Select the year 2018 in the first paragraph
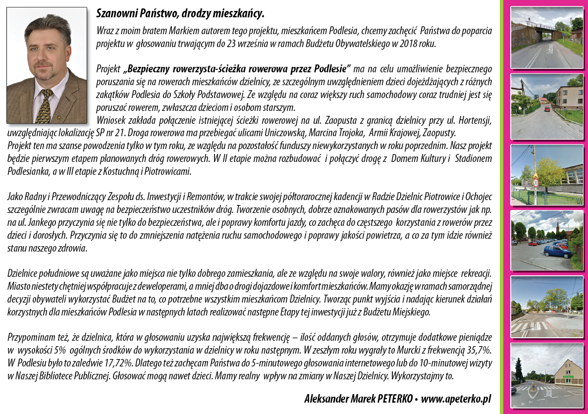pos(411,44)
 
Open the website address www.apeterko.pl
pos(456,399)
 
